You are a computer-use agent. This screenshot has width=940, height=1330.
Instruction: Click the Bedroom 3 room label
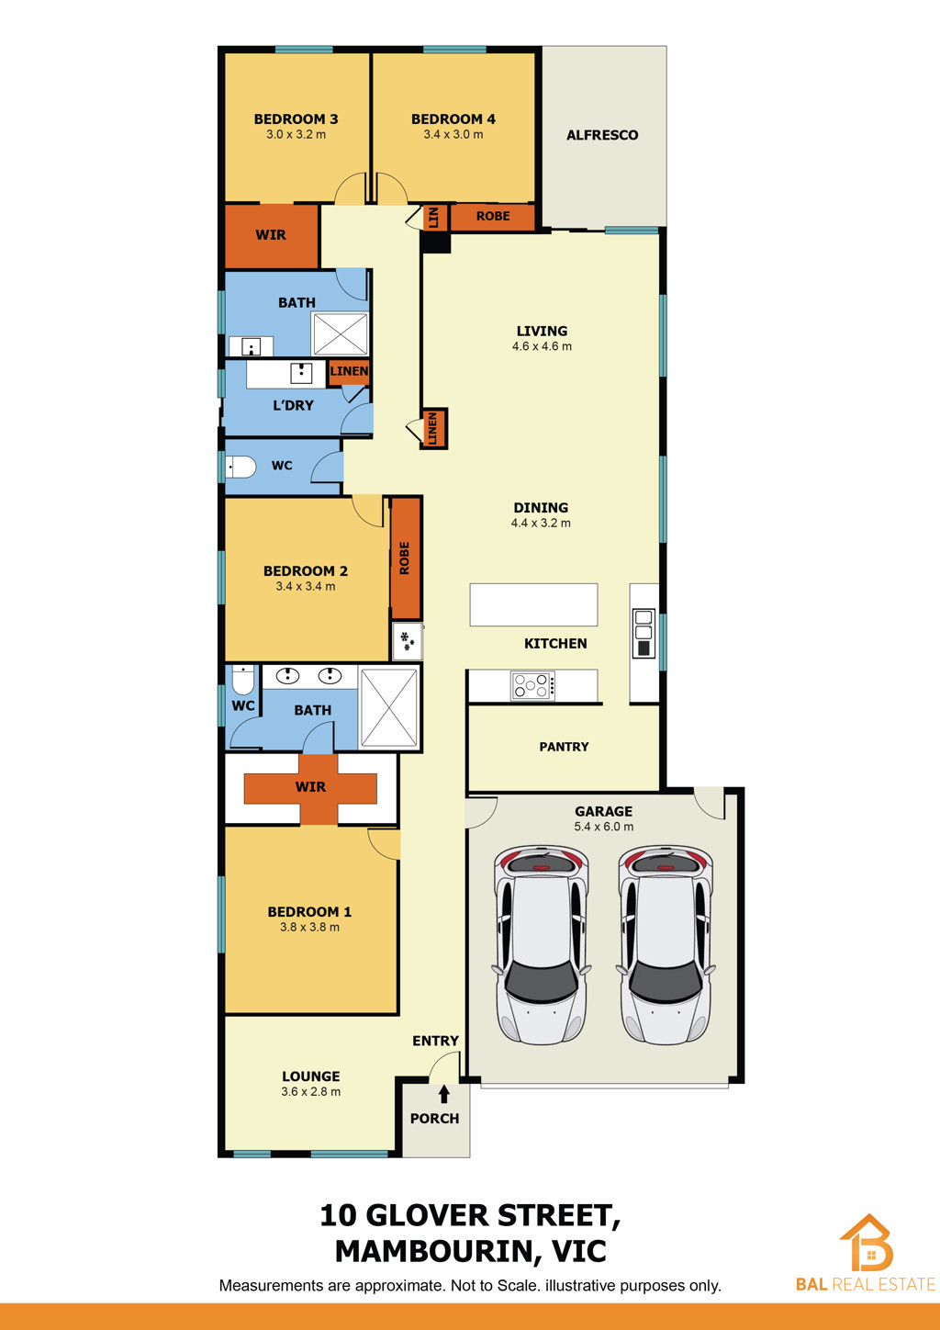(x=297, y=118)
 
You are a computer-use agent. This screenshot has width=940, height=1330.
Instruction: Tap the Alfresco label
(x=602, y=135)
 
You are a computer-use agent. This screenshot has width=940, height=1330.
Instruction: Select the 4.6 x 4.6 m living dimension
(x=542, y=347)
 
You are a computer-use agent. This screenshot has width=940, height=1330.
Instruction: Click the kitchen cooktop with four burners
(x=533, y=686)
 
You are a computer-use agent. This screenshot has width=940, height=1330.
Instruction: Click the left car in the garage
(x=541, y=944)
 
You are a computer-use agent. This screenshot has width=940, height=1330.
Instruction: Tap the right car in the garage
(x=666, y=944)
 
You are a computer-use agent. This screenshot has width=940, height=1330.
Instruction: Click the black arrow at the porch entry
(x=444, y=1094)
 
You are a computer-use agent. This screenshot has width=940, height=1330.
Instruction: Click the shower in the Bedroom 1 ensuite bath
(x=389, y=708)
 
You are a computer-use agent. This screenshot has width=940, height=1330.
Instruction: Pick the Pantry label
(x=564, y=747)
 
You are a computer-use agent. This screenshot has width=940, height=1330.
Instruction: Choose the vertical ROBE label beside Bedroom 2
(x=405, y=558)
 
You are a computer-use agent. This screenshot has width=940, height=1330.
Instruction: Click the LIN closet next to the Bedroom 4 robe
(x=434, y=218)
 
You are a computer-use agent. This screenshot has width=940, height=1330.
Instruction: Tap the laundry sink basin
(x=301, y=374)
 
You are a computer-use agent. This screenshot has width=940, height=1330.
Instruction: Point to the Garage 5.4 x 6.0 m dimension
(x=603, y=827)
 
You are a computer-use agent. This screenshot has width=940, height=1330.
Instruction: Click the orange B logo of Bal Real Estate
(x=867, y=1243)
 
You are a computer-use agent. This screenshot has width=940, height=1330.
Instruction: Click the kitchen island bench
(x=533, y=605)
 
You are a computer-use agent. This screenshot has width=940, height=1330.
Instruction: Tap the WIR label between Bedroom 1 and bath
(x=310, y=787)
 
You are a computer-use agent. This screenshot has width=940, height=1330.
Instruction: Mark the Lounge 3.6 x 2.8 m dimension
(x=311, y=1092)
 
